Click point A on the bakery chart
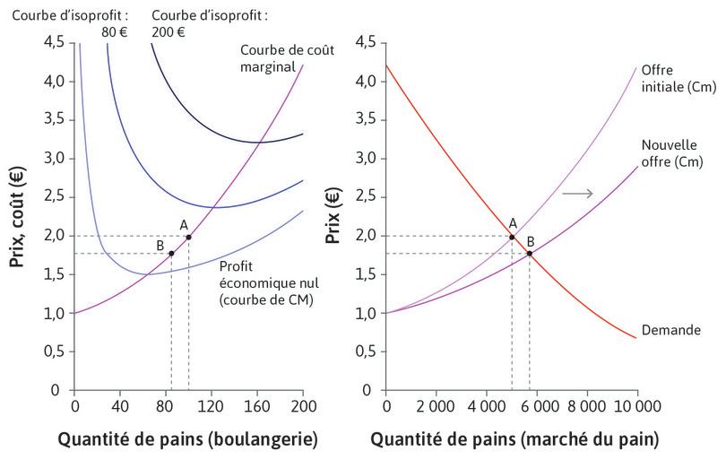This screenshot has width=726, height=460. pos(188,237)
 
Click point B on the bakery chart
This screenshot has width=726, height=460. pos(171,253)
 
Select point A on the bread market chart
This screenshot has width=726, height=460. pos(512,237)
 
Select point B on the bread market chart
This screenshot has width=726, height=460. pos(530,253)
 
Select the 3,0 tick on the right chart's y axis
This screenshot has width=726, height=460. pos(365,159)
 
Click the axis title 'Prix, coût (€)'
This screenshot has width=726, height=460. pos(17,215)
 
